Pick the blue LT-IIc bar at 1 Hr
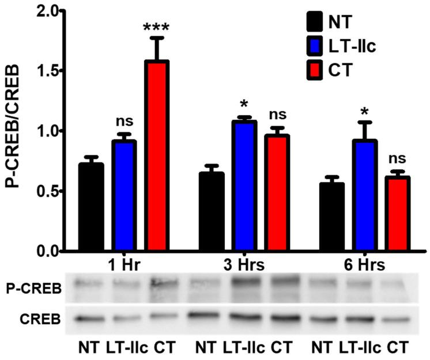pos(124,196)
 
